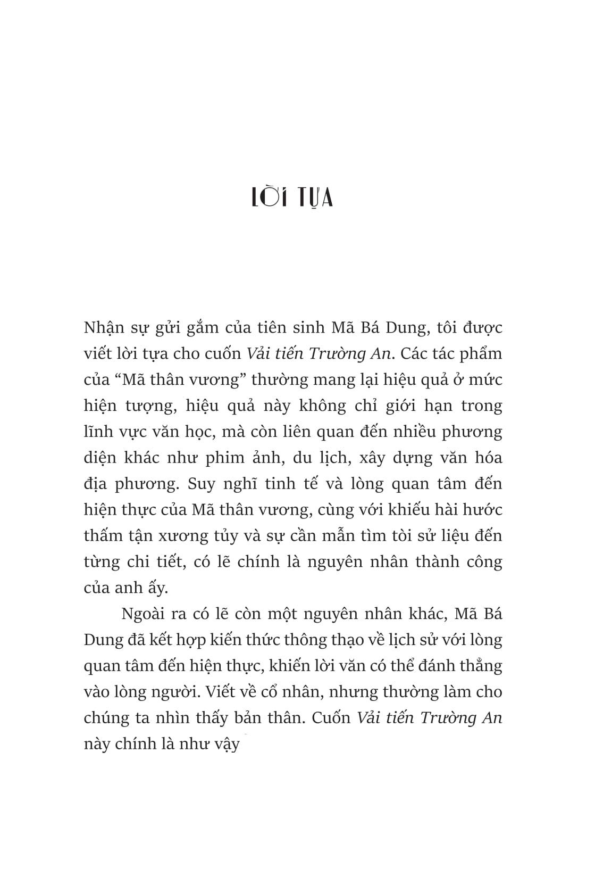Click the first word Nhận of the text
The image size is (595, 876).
105,327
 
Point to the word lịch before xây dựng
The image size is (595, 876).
348,458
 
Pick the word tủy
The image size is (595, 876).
228,536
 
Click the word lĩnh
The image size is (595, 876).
98,432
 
